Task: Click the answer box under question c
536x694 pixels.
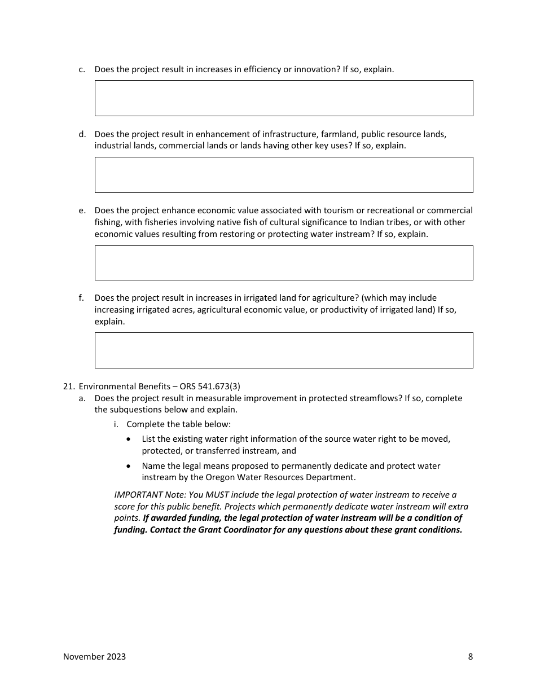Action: (x=283, y=98)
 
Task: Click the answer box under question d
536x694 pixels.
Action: (x=283, y=175)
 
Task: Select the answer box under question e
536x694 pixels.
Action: (x=283, y=263)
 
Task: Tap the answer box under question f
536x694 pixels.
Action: (x=283, y=350)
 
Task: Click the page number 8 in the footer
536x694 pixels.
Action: (x=470, y=656)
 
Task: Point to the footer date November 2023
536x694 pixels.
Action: (x=94, y=656)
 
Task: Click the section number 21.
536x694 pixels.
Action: (x=68, y=386)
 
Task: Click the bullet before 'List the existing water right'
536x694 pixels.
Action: (x=130, y=439)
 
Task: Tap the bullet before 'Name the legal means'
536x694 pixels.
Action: (x=130, y=466)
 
